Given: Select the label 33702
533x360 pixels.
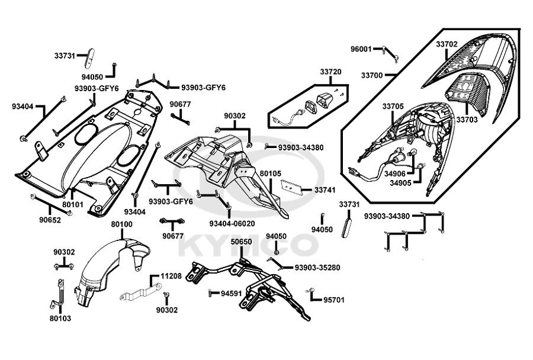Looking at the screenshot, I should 447,44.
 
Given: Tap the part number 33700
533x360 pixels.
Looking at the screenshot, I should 371,76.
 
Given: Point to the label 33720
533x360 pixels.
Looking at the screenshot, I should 331,72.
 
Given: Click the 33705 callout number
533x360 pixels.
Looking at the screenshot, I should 393,107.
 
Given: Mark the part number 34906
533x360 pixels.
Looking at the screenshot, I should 394,174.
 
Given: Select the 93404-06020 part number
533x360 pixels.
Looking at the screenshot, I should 232,223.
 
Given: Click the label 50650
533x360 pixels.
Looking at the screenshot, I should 242,242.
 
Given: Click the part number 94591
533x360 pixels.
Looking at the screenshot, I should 232,293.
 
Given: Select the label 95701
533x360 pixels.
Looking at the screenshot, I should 333,300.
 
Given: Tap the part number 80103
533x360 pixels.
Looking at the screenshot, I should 60,318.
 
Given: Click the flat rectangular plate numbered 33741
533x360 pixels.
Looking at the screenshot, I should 291,188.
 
